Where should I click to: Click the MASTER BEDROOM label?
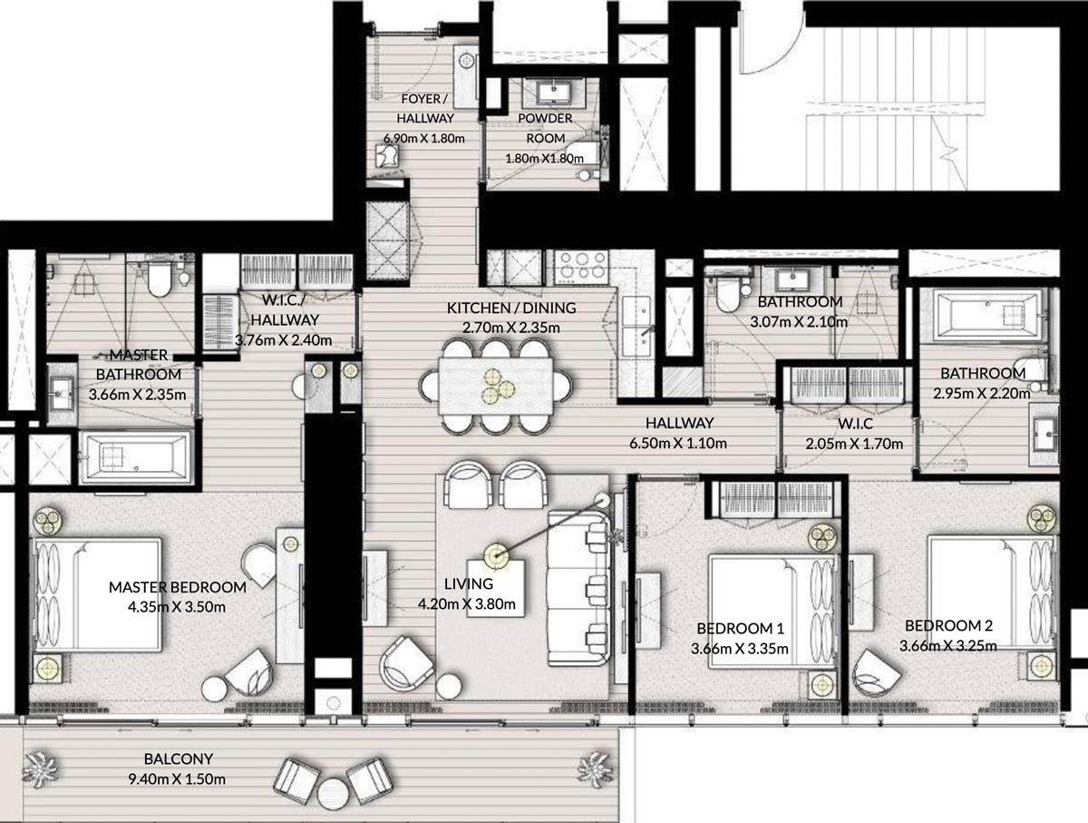(178, 587)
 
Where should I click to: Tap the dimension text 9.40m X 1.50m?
(177, 779)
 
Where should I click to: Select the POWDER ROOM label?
(545, 128)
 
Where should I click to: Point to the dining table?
(496, 386)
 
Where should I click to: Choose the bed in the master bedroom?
(98, 594)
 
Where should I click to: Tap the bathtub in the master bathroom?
(136, 456)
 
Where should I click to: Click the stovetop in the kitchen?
(582, 267)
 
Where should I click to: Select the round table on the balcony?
(333, 794)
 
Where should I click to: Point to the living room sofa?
(579, 588)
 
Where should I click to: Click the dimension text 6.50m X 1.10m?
(678, 443)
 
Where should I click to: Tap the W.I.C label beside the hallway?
(855, 424)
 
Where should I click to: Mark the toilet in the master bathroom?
(159, 279)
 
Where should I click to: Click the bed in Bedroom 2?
(992, 592)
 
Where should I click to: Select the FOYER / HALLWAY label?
(425, 109)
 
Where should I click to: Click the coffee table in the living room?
(496, 588)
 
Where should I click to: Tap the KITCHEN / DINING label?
(511, 309)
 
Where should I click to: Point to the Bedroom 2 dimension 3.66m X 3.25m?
(948, 646)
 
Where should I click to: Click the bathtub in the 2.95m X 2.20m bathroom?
(988, 316)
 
